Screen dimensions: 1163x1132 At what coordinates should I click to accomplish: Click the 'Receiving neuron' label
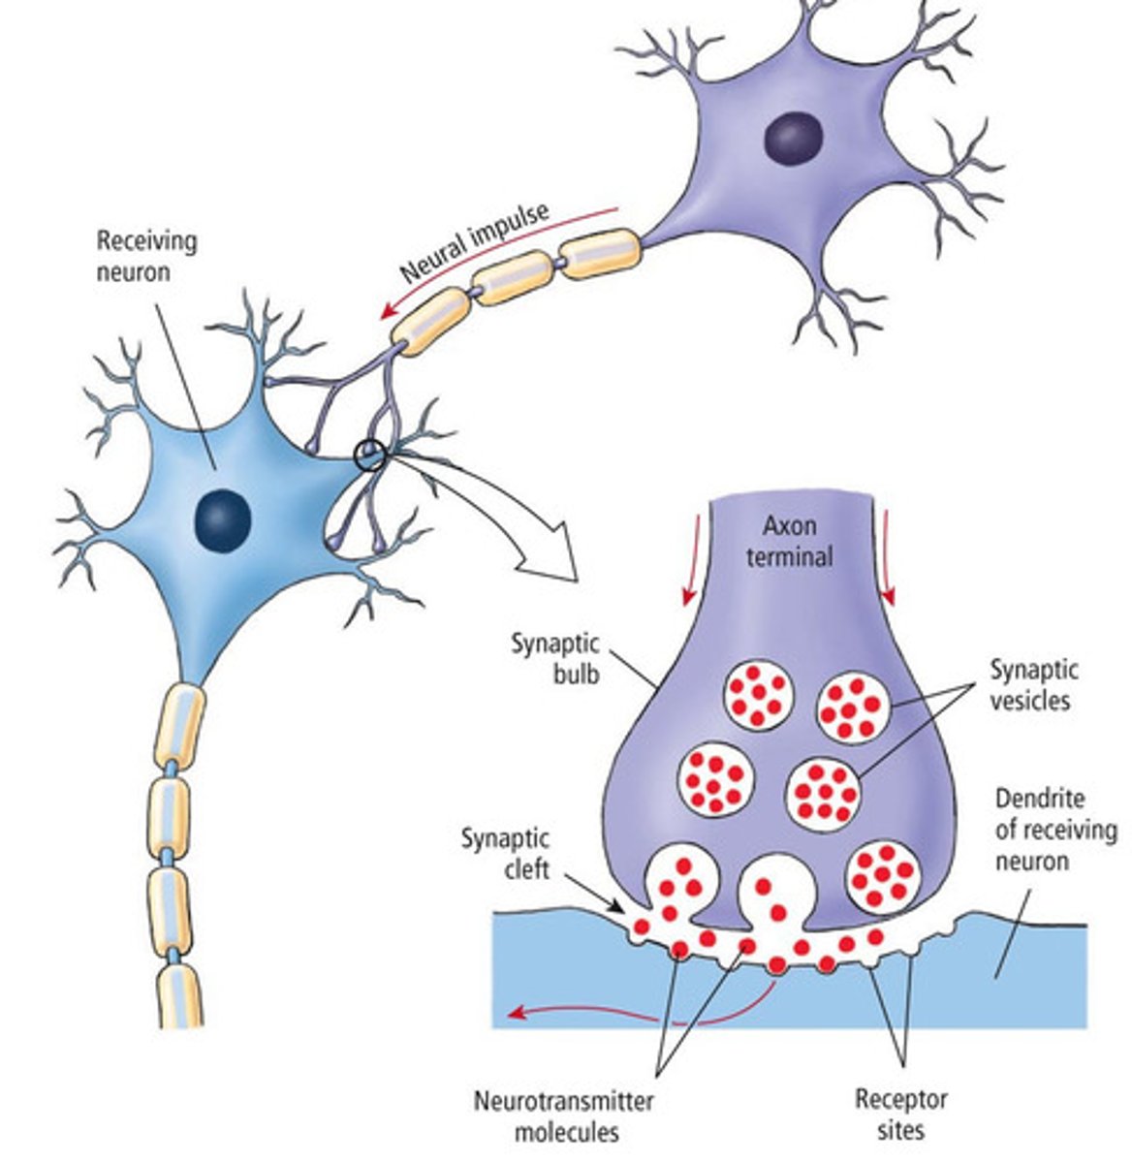[146, 256]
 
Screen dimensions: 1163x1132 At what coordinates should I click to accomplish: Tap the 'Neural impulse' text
[475, 241]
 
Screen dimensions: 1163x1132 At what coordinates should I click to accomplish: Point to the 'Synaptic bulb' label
[555, 658]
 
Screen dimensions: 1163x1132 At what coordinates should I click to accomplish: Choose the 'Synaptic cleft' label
[504, 852]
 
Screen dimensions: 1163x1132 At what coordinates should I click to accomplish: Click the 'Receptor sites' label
[900, 1115]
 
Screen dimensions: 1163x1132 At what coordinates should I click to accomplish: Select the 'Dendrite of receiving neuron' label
[1054, 831]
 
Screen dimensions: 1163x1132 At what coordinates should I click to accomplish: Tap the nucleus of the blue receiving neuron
[223, 521]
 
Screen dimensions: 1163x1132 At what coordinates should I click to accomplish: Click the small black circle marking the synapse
[370, 455]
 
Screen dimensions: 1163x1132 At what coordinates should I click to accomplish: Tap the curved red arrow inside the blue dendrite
[640, 1013]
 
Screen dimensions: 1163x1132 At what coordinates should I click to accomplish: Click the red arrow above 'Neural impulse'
[494, 262]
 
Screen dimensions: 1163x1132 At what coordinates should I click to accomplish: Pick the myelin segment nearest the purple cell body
[601, 253]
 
